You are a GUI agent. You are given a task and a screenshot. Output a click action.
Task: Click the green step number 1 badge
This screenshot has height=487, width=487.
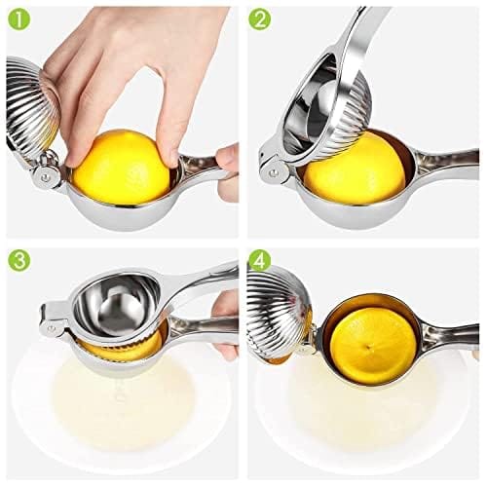coord(19,19)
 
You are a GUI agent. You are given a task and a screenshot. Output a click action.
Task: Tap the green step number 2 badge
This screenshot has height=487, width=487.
coord(260,19)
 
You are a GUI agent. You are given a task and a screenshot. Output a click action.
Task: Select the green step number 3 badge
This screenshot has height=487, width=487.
coord(19,260)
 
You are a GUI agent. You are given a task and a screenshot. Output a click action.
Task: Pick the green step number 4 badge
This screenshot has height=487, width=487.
coord(260,260)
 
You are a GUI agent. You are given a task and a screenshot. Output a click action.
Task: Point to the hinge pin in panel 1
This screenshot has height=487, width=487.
coord(42,176)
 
